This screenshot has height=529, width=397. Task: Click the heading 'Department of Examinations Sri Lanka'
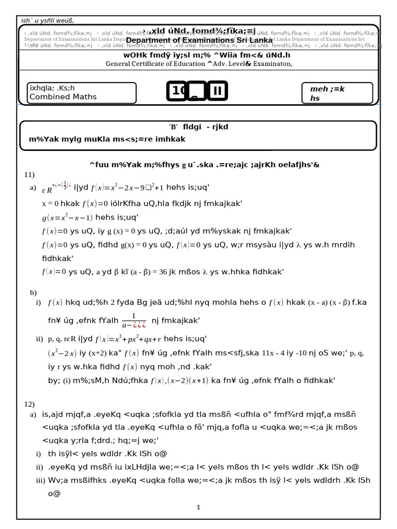pyautogui.click(x=199, y=40)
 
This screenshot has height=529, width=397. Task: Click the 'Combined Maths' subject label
pyautogui.click(x=63, y=97)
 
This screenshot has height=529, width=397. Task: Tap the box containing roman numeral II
pyautogui.click(x=218, y=91)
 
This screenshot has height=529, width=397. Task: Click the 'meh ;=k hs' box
pyautogui.click(x=337, y=93)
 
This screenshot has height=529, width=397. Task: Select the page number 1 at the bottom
pyautogui.click(x=198, y=507)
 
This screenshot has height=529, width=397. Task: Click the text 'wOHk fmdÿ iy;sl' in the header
pyautogui.click(x=155, y=55)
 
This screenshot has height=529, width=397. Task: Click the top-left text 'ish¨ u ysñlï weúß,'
pyautogui.click(x=47, y=20)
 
